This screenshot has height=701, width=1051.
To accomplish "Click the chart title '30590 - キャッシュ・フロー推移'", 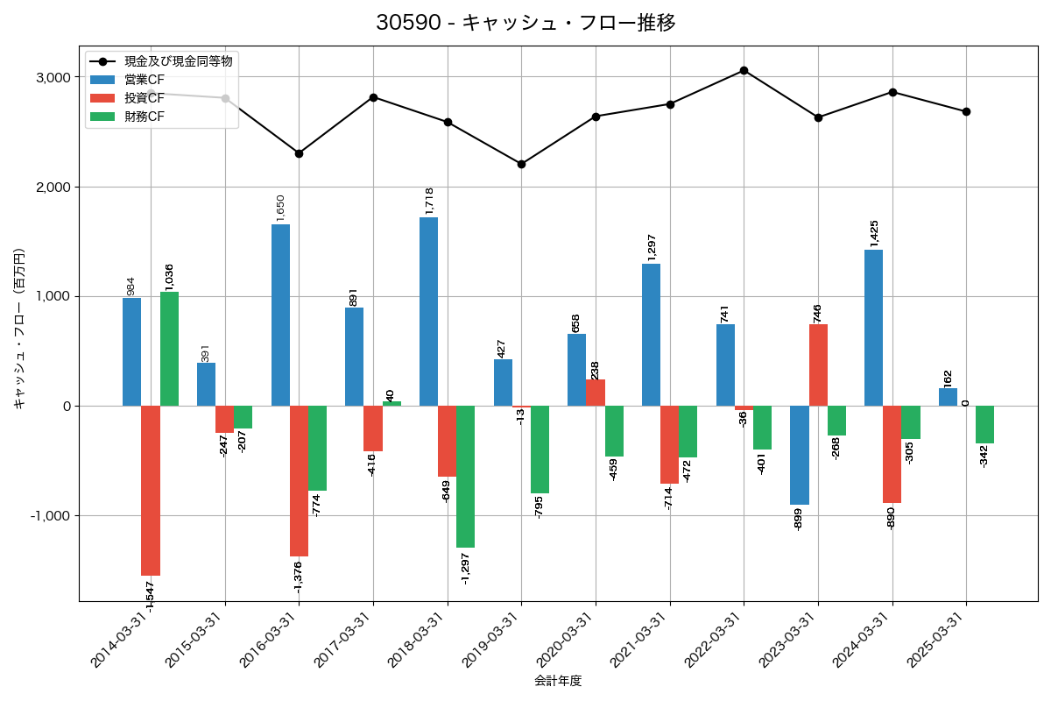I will (x=525, y=23).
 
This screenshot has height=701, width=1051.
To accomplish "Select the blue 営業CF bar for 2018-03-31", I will (x=428, y=311).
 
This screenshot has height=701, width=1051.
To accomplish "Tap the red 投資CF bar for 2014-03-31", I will (x=151, y=491).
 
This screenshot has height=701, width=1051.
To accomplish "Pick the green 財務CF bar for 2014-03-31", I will (x=169, y=349).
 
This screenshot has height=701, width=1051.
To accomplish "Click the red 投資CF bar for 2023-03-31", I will (x=818, y=365).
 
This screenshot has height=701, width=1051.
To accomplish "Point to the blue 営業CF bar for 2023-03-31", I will (x=800, y=455).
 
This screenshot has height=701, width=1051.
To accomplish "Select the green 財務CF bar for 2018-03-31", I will (x=465, y=477).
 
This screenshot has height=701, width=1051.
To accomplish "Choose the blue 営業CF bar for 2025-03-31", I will (x=948, y=397).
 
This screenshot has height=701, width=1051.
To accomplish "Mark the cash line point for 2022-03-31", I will (x=744, y=70).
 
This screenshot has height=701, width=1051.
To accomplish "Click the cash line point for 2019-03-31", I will (x=521, y=164).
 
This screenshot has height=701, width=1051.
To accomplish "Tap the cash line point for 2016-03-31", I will (x=299, y=153).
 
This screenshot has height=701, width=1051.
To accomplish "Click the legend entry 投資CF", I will (x=145, y=98).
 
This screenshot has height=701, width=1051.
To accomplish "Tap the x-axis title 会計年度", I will (x=558, y=681).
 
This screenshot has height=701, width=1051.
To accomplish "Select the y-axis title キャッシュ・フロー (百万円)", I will (x=19, y=329).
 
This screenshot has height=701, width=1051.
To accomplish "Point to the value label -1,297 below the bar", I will (x=465, y=568).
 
